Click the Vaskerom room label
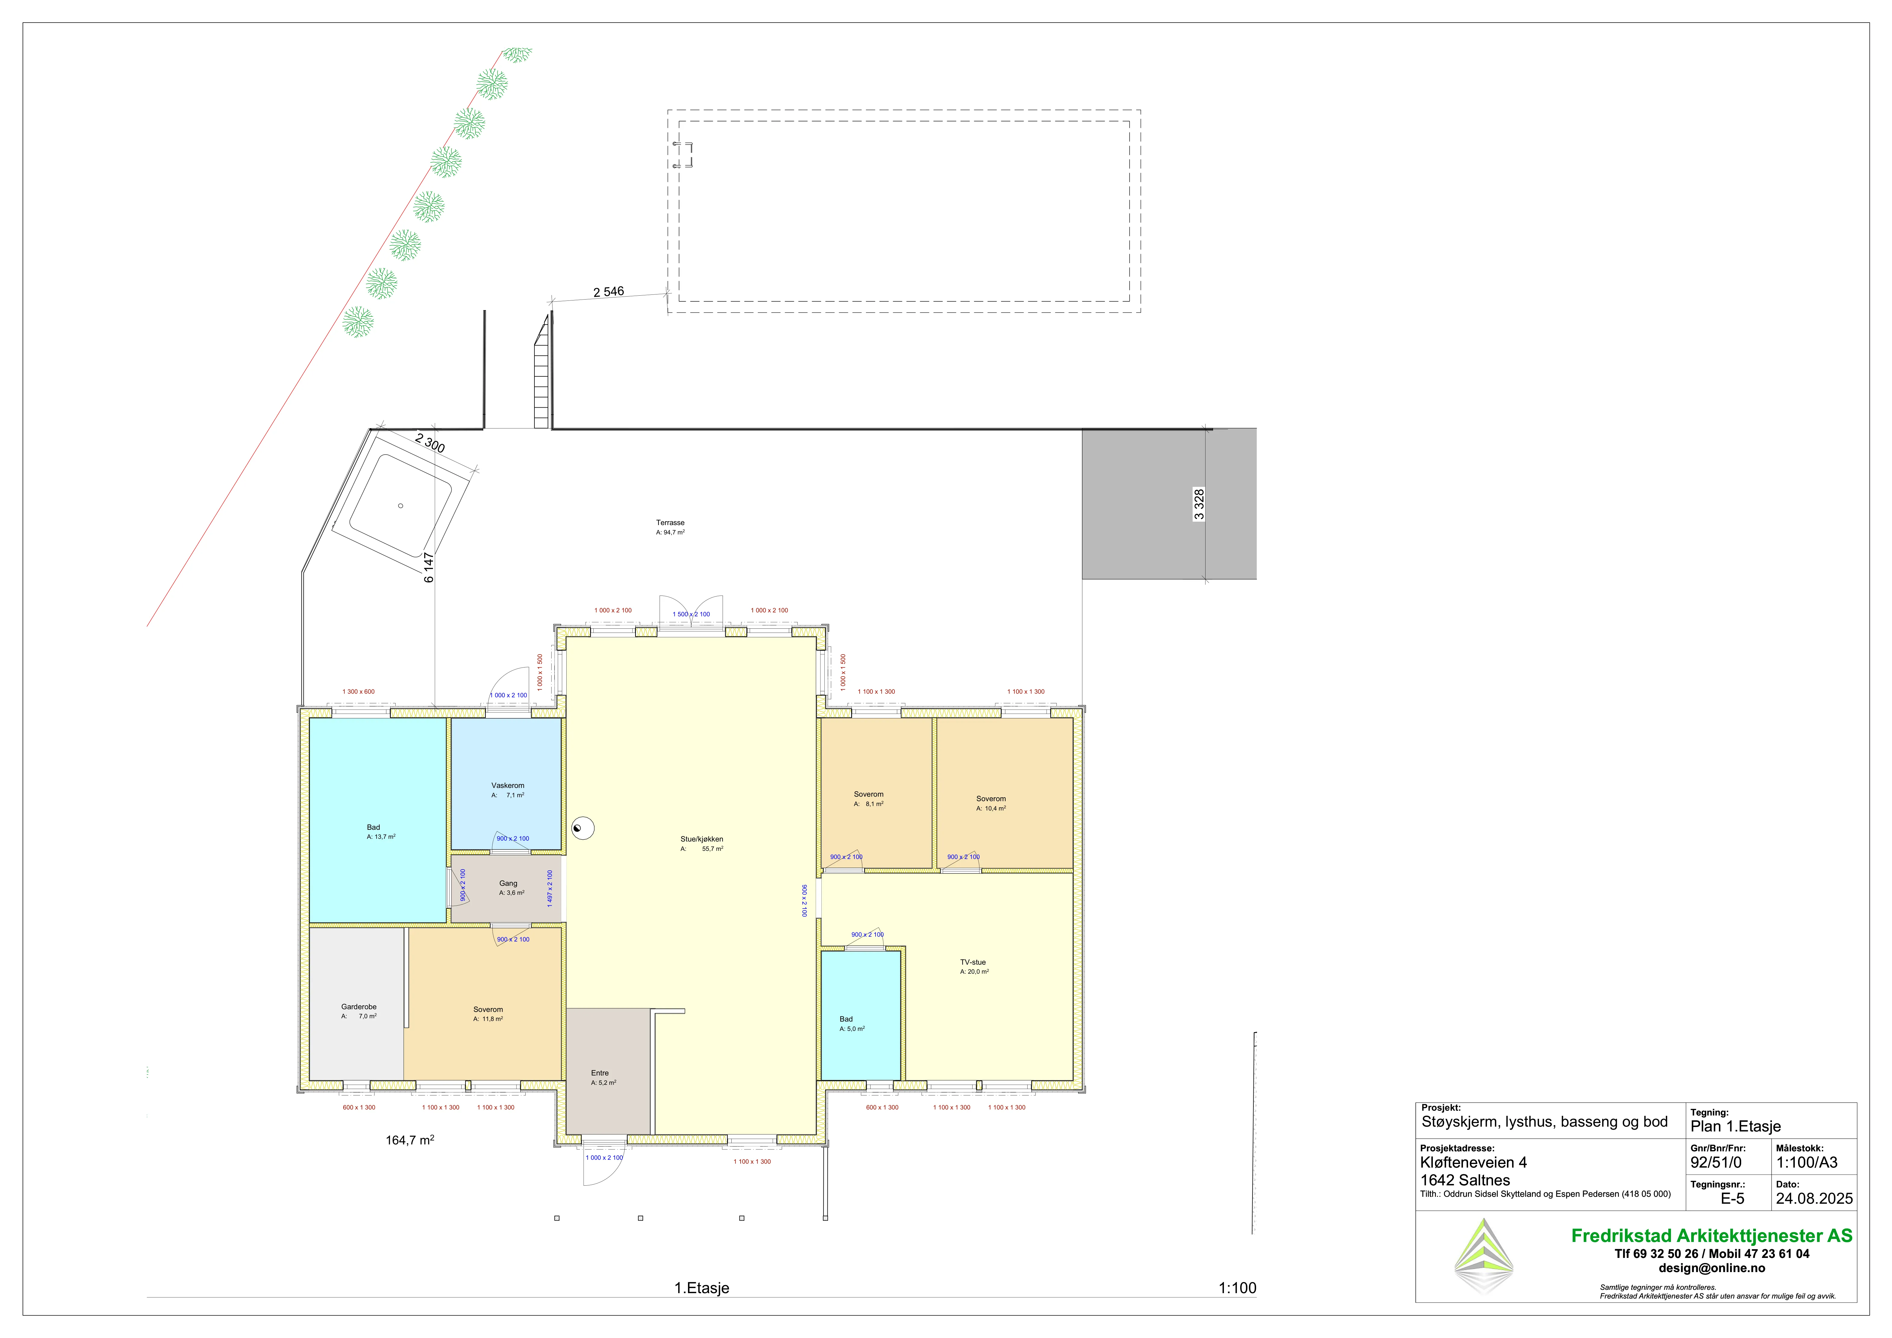(x=508, y=785)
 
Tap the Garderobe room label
(x=359, y=1007)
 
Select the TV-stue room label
(x=972, y=962)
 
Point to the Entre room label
(x=600, y=1073)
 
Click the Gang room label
(x=509, y=883)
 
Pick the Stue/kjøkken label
(x=701, y=839)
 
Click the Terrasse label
(x=670, y=522)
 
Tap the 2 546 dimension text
(x=609, y=292)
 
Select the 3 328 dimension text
(x=1199, y=504)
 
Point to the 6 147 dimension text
(x=428, y=568)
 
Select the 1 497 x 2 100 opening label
(x=550, y=888)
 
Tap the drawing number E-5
(x=1732, y=1199)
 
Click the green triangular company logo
(x=1483, y=1256)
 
